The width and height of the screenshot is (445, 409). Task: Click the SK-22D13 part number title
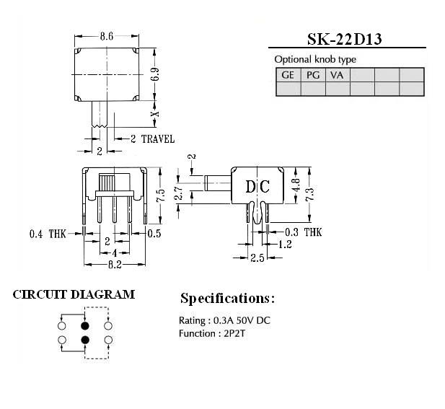[x=344, y=39]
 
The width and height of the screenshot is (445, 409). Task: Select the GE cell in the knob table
[x=288, y=75]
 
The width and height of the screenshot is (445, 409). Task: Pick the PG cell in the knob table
[x=313, y=75]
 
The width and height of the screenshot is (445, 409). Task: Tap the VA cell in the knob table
[x=337, y=75]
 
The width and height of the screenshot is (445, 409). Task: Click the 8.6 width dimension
[x=107, y=36]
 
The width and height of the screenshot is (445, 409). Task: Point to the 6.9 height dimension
[x=155, y=74]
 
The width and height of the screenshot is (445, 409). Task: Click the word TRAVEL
[x=158, y=139]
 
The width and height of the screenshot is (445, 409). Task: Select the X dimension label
[x=155, y=114]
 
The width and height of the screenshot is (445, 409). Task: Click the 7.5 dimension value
[x=160, y=195]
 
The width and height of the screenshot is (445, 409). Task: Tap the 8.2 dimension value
[x=115, y=265]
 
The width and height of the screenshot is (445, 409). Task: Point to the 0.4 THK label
[x=48, y=234]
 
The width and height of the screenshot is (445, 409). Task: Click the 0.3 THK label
[x=304, y=232]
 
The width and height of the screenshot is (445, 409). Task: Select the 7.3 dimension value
[x=309, y=195]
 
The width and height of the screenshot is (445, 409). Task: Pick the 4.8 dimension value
[x=296, y=185]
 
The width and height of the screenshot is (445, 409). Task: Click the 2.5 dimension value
[x=257, y=258]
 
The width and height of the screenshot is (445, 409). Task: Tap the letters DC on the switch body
[x=257, y=187]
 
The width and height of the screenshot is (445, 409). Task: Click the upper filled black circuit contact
[x=85, y=325]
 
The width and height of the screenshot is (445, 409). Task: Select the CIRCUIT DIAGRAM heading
[x=74, y=294]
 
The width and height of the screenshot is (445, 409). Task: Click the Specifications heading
[x=228, y=299]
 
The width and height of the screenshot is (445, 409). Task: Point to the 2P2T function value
[x=234, y=333]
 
